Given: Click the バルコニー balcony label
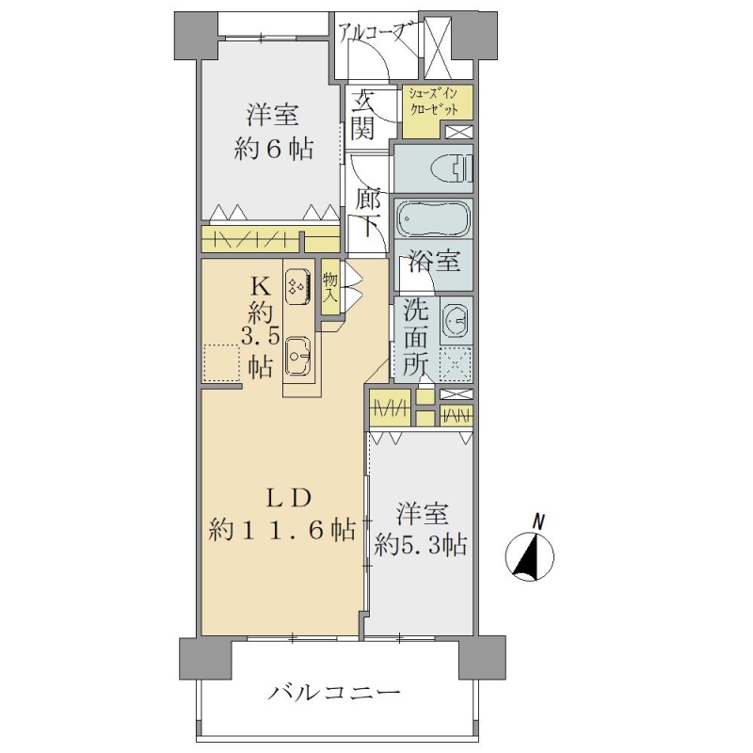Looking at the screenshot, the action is coord(334,694).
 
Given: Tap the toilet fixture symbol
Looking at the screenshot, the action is coord(453,169).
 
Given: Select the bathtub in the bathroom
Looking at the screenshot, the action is coord(433,219).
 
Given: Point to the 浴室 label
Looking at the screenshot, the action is coord(435,263).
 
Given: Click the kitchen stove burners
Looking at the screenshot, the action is coord(296,287).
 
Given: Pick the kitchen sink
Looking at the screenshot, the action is coord(297,356).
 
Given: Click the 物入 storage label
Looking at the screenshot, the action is coord(330,287).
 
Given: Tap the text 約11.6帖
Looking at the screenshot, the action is coord(282,530).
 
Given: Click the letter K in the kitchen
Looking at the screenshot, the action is coord(261,287).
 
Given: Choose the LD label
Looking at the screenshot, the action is coord(290,499).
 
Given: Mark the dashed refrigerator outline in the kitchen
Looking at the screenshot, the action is coord(221,362).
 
